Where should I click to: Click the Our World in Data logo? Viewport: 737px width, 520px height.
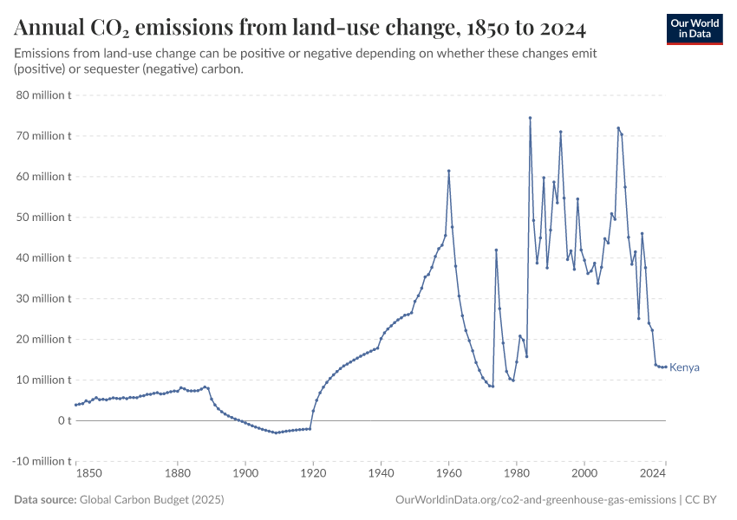coord(694,29)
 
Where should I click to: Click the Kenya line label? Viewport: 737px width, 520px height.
coord(684,367)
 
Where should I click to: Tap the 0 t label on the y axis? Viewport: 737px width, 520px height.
coord(63,420)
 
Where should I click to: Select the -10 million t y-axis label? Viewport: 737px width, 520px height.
coord(42,461)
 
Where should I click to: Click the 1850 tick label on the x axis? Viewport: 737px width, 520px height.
coord(89,473)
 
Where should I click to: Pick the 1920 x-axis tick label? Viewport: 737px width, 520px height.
coord(313,473)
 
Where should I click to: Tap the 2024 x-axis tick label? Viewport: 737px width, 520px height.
coord(652,473)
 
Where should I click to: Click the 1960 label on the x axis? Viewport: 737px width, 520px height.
coord(449,473)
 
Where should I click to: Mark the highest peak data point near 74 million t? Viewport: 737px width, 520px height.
coord(530,118)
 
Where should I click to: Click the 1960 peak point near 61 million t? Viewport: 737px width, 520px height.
coord(448,171)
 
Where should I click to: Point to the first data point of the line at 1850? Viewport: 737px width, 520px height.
coord(76,405)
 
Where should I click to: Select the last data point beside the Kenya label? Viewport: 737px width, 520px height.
coord(666,367)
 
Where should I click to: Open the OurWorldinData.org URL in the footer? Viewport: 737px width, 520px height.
coord(535,500)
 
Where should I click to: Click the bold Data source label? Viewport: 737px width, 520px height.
coord(45,500)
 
